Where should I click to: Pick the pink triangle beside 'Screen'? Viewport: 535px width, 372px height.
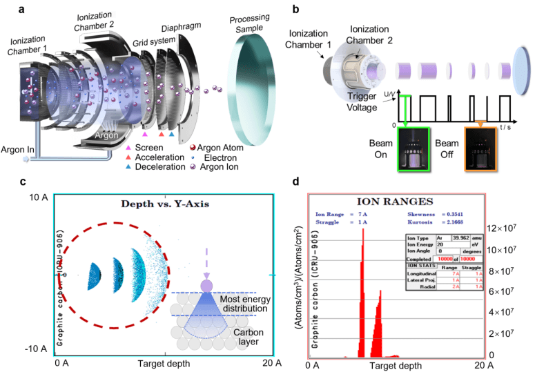coord(130,148)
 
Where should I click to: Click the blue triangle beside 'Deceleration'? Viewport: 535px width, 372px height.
coord(130,166)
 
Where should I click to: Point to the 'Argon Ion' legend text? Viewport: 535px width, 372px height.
coord(220,166)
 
